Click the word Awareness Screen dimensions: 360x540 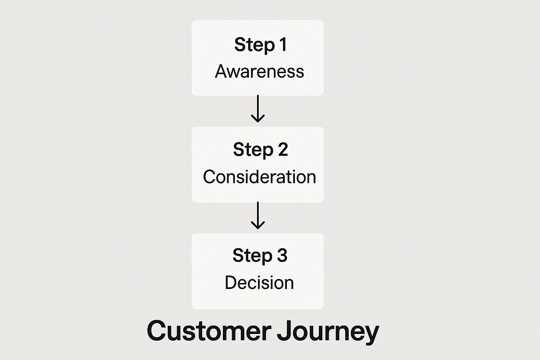259,71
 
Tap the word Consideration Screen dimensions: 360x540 259,177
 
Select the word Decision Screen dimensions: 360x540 259,283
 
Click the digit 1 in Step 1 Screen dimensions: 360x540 283,45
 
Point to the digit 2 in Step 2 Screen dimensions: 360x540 283,150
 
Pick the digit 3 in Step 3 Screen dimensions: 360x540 282,255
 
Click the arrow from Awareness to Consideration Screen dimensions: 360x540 258,108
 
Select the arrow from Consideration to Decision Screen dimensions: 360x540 258,215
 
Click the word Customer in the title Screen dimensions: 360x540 209,330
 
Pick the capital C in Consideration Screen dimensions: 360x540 209,177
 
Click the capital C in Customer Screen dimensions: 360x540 157,330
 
